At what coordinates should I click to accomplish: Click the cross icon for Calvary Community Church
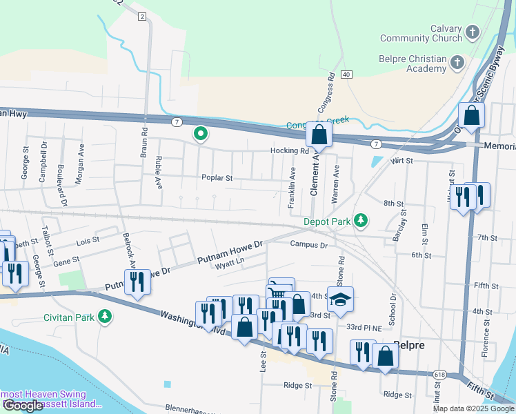(x=473, y=32)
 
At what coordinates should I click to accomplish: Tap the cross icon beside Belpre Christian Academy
(x=456, y=63)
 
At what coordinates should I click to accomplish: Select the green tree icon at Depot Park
(x=360, y=221)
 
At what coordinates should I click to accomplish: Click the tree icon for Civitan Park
(x=104, y=317)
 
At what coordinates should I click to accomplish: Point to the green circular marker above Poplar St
(x=200, y=134)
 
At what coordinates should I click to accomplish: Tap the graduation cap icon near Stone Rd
(x=340, y=299)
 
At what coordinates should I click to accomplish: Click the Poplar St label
(x=217, y=178)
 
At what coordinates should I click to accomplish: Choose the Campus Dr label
(x=308, y=244)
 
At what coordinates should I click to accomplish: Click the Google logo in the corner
(x=23, y=406)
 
